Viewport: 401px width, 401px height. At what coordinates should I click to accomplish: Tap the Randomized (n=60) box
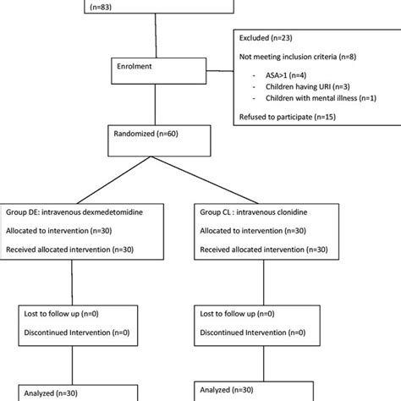point(153,135)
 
